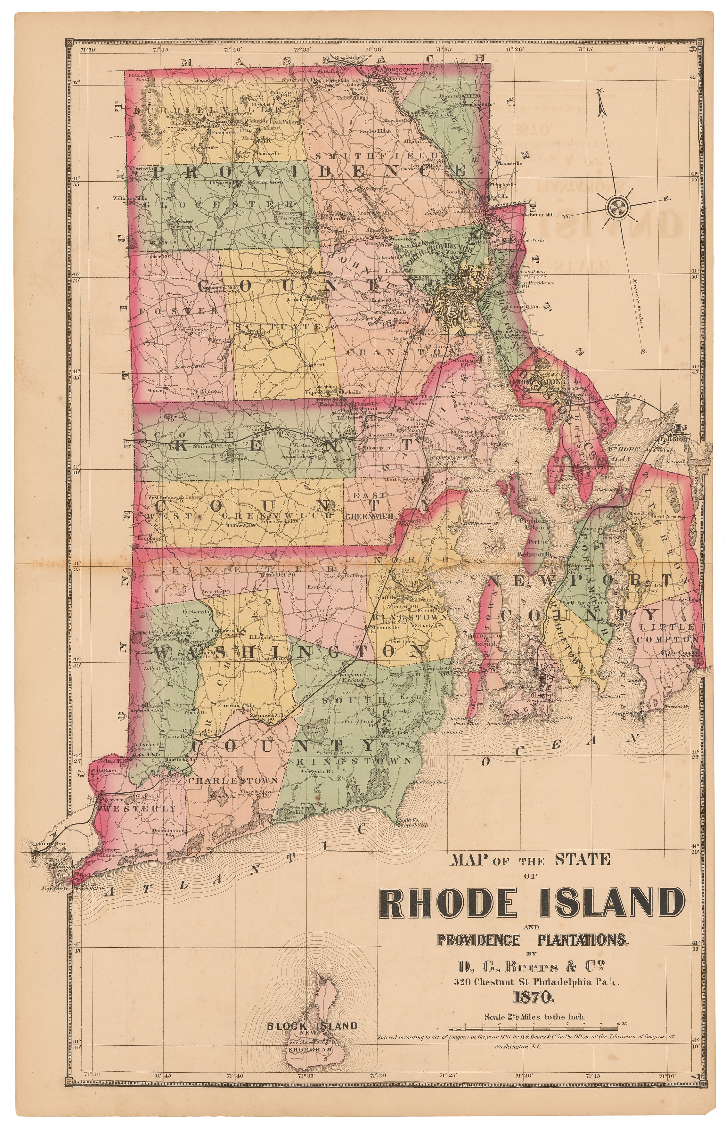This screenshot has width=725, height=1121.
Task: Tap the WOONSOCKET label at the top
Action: (394, 70)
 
